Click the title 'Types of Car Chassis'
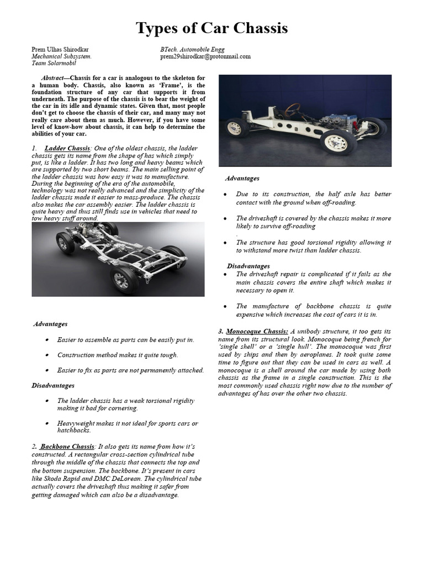coord(212,28)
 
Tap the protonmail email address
coord(205,56)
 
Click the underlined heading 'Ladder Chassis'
coord(67,149)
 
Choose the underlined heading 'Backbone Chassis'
coord(67,447)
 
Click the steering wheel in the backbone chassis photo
coord(292,108)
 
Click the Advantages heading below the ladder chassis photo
coord(50,324)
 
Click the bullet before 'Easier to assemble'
coord(49,340)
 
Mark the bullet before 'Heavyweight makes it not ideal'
coord(49,423)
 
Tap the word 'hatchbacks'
coord(73,431)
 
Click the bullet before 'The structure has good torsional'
coord(226,243)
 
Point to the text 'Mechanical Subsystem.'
coord(61,56)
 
